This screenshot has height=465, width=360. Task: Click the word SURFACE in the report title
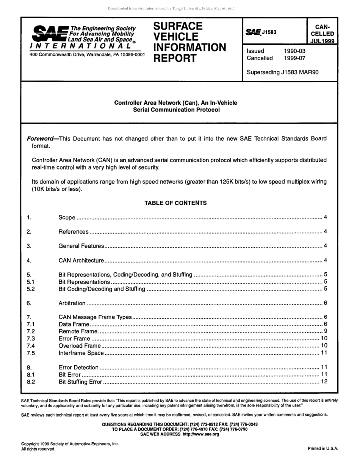178,26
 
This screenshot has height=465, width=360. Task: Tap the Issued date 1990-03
294,51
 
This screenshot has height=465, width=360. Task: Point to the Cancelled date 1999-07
294,58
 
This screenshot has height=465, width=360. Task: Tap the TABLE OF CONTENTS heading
175,203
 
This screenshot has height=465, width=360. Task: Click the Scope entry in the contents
67,218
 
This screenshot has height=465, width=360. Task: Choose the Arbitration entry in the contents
72,303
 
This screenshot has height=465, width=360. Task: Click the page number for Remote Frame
325,331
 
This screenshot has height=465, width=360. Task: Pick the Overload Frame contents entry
80,346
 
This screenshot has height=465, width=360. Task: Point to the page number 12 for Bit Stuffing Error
324,382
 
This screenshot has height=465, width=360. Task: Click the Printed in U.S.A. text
322,448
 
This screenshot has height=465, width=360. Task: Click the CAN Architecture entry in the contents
81,260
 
